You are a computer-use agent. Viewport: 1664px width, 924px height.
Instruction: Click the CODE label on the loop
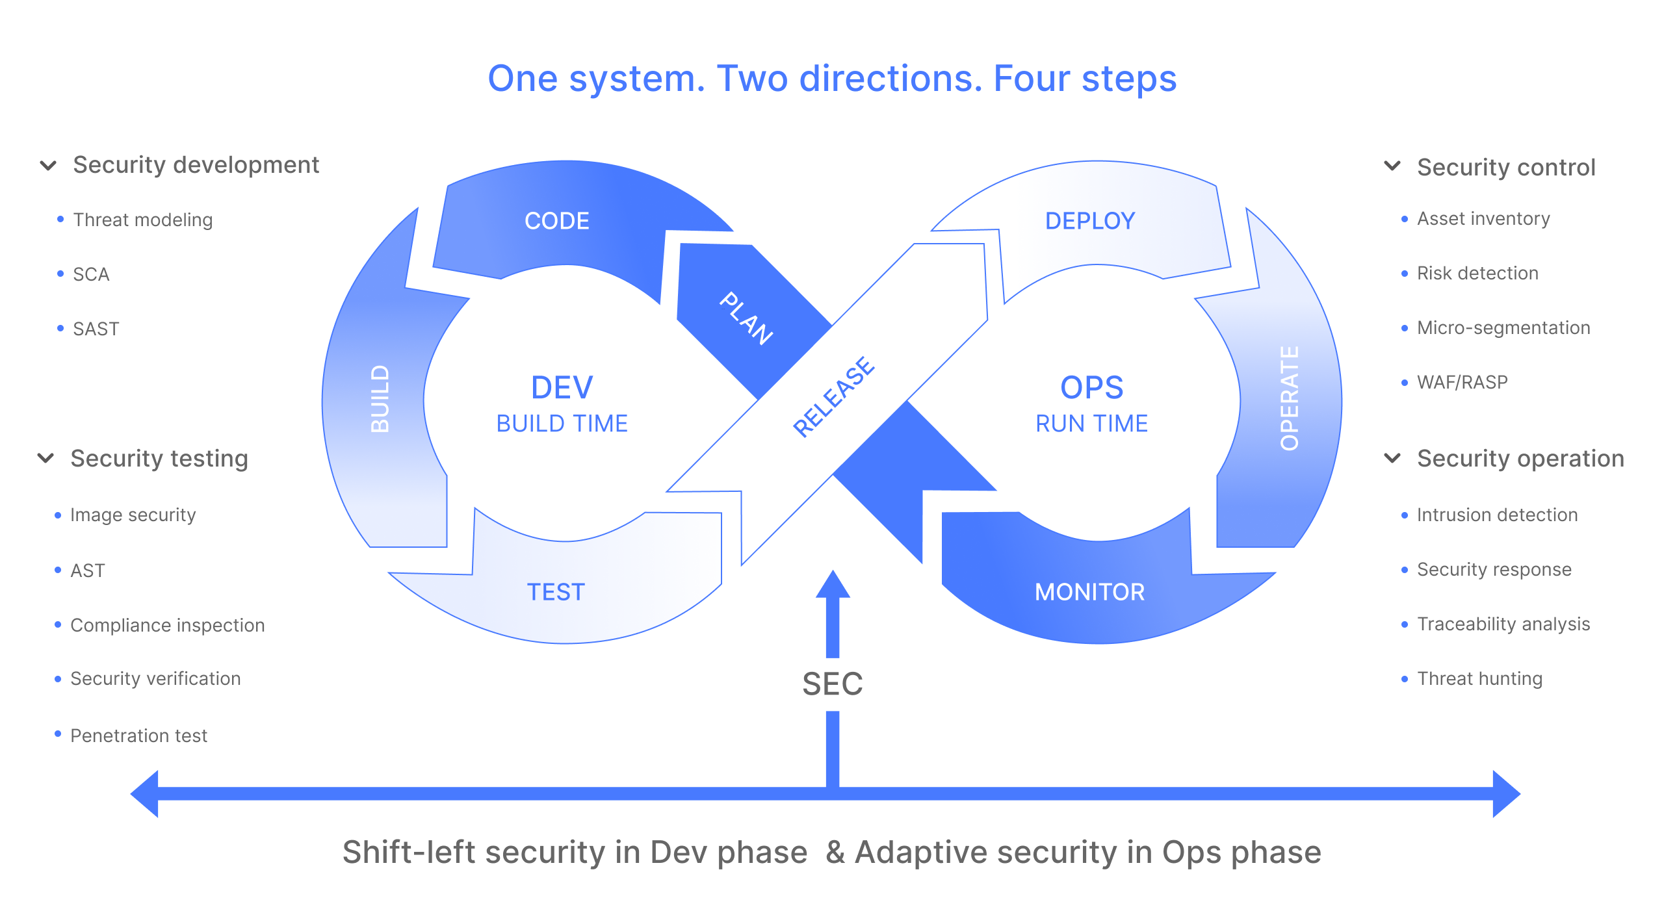pyautogui.click(x=557, y=221)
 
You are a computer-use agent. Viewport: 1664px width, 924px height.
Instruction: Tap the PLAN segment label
pyautogui.click(x=746, y=318)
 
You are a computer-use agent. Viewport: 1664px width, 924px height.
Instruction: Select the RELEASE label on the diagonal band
pyautogui.click(x=834, y=396)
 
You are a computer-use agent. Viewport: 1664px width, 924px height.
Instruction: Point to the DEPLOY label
pyautogui.click(x=1090, y=221)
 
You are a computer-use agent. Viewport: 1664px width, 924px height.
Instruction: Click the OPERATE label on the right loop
pyautogui.click(x=1290, y=398)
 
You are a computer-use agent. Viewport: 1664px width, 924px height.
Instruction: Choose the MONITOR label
pyautogui.click(x=1089, y=592)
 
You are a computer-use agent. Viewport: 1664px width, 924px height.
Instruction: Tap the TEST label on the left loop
pyautogui.click(x=556, y=592)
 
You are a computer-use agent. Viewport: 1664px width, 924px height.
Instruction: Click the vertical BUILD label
pyautogui.click(x=380, y=399)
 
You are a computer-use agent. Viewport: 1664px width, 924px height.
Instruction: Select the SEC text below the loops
pyautogui.click(x=832, y=684)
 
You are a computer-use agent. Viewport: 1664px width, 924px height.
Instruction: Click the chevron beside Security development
pyautogui.click(x=49, y=166)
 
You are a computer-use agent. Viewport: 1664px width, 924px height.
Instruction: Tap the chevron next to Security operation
pyautogui.click(x=1392, y=459)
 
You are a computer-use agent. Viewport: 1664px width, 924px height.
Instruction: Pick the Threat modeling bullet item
pyautogui.click(x=142, y=220)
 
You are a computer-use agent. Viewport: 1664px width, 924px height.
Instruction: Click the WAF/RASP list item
pyautogui.click(x=1462, y=382)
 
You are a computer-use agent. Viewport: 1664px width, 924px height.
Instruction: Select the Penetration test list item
pyautogui.click(x=138, y=736)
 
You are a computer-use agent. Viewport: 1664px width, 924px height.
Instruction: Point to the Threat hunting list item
pyautogui.click(x=1479, y=678)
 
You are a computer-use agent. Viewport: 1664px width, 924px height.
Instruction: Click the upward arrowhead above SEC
pyautogui.click(x=833, y=585)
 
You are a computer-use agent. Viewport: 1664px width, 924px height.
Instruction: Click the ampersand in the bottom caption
pyautogui.click(x=835, y=852)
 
